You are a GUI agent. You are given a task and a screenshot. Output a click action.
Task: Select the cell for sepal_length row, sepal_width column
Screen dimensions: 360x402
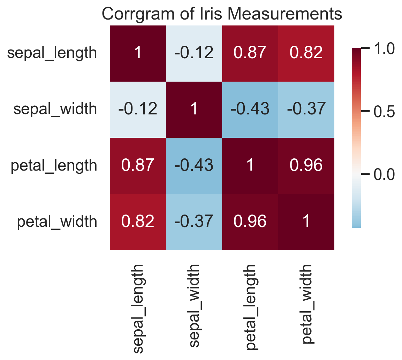click(194, 53)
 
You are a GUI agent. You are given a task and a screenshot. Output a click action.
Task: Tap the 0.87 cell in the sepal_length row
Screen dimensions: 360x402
click(250, 53)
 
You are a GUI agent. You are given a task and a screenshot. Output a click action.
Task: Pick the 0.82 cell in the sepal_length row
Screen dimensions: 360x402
click(306, 53)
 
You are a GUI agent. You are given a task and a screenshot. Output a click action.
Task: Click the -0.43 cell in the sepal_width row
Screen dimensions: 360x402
click(250, 109)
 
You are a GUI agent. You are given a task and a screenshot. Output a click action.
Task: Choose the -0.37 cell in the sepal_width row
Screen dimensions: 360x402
click(306, 109)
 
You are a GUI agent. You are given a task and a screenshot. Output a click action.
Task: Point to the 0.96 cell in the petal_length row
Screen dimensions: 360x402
click(306, 165)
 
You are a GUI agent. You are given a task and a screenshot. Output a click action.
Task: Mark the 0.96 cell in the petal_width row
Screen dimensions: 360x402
click(250, 222)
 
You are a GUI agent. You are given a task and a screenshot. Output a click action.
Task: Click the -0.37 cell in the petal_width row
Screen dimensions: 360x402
click(194, 222)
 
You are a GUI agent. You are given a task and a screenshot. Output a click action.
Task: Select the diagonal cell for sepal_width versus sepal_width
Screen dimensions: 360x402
click(194, 109)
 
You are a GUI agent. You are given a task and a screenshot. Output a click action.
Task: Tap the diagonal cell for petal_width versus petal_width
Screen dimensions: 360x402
click(306, 222)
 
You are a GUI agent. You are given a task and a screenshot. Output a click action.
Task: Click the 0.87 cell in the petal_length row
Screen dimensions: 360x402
click(138, 165)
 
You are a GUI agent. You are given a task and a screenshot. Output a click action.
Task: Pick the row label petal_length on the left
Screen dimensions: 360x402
click(54, 165)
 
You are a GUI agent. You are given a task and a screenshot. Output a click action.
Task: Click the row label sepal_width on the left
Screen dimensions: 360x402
click(55, 109)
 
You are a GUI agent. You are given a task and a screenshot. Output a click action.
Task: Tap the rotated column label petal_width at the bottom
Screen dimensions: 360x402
click(306, 303)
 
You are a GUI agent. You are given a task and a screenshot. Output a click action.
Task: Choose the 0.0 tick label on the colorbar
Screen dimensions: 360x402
click(384, 174)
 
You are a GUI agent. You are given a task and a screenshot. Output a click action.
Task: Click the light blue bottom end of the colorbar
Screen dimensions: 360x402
click(356, 223)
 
